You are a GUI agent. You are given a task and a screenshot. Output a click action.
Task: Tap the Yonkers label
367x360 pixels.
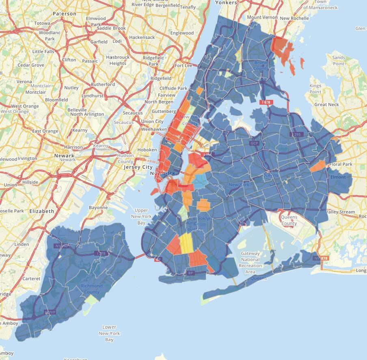pyautogui.click(x=226, y=2)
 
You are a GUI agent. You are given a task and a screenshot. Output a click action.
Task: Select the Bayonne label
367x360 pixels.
pyautogui.click(x=99, y=207)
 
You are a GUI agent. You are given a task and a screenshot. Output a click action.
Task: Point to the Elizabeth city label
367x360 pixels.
pyautogui.click(x=41, y=211)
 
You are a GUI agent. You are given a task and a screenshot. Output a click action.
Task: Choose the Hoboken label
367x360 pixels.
pyautogui.click(x=147, y=149)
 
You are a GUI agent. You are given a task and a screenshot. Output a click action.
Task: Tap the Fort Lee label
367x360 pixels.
pyautogui.click(x=183, y=65)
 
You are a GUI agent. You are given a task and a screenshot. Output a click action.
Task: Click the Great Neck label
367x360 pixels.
pyautogui.click(x=326, y=104)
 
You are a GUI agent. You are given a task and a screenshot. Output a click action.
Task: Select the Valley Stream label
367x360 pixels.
pyautogui.click(x=340, y=212)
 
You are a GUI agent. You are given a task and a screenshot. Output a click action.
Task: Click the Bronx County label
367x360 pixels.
pyautogui.click(x=261, y=65)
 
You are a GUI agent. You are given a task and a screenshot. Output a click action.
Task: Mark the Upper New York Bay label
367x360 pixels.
pyautogui.click(x=141, y=217)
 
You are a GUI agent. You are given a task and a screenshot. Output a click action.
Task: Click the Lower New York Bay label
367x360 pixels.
pyautogui.click(x=109, y=333)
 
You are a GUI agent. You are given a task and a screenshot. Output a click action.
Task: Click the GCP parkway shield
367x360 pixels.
pyautogui.click(x=255, y=143)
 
